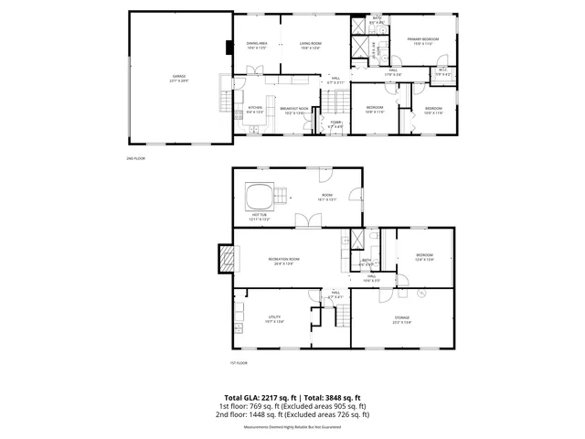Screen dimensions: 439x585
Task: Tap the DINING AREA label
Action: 256,44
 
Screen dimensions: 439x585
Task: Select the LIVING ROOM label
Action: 313,44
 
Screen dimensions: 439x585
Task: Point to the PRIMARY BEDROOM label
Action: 422,39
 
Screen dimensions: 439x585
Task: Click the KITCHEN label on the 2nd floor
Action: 255,108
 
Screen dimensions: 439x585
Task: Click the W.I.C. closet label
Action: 441,70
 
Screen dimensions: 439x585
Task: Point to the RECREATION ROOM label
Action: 283,261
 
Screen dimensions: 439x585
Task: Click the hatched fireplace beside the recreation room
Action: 224,259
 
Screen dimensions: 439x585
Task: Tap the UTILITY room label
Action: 273,318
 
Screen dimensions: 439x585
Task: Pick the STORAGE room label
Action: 402,318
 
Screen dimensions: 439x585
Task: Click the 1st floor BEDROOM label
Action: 424,255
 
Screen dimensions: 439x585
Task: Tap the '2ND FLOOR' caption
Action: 135,158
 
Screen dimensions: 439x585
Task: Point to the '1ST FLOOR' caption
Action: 239,363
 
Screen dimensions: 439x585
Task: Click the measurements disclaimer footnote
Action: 292,427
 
